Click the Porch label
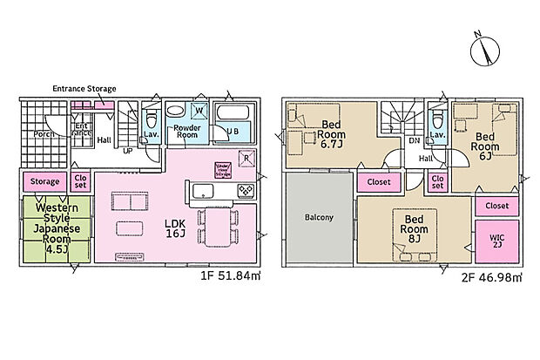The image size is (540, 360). click(x=44, y=134)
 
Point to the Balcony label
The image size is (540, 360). click(x=319, y=217)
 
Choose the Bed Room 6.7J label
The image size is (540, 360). click(x=330, y=134)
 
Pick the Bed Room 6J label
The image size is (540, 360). click(x=485, y=146)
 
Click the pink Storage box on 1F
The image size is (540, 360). click(x=45, y=182)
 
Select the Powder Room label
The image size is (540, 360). click(x=186, y=132)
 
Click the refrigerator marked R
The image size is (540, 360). click(x=246, y=158)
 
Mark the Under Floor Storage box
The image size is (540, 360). click(x=221, y=170)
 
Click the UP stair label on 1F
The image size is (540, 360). click(x=127, y=150)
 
